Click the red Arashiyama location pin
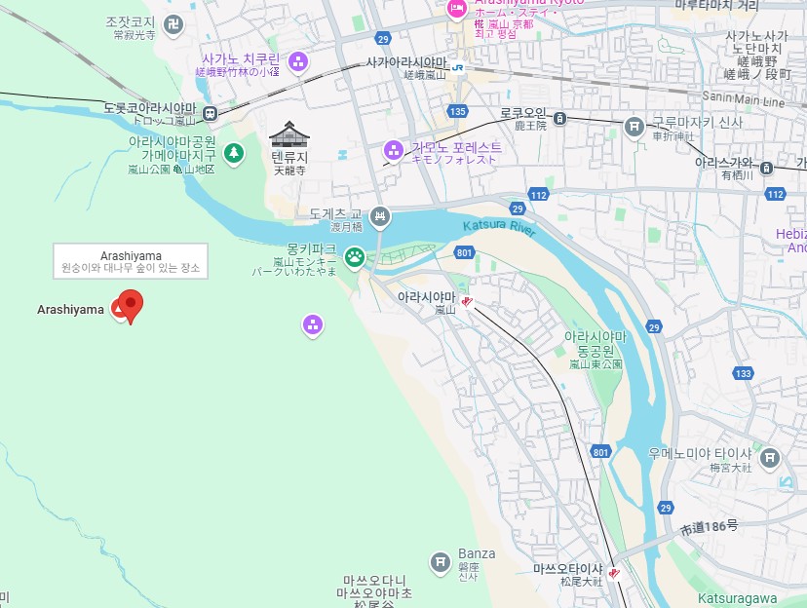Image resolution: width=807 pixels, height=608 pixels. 129,305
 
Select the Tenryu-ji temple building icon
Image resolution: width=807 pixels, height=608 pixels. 289,134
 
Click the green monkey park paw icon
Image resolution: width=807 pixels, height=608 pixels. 354,257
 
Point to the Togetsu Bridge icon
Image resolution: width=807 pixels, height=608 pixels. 380,217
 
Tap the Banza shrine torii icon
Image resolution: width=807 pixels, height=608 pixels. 441,561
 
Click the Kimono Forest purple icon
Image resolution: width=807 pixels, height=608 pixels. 394,150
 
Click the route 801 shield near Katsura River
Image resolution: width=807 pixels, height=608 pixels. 464,254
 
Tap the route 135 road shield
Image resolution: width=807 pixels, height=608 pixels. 458,111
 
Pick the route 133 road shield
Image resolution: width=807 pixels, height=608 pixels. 744,373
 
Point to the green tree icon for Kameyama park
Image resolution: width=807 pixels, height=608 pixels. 234,152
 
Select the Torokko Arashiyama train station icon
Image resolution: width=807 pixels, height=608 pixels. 210,114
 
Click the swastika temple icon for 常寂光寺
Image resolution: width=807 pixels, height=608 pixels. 173,24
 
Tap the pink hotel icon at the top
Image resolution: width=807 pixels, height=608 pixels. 456,9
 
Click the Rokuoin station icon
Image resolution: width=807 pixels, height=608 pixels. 560,118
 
